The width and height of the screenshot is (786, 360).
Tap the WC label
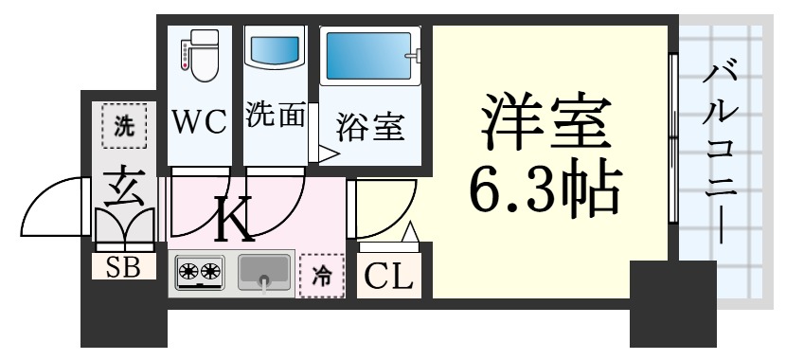point(199,120)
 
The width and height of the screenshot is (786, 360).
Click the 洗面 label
point(275,116)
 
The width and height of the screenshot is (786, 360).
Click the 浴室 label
point(370,125)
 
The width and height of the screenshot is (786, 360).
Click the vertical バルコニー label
point(722,152)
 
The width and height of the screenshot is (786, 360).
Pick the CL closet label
point(389,278)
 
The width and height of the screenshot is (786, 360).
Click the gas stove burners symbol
point(200,273)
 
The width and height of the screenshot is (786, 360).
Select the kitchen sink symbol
point(263,273)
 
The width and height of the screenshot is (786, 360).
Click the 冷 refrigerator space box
point(322,275)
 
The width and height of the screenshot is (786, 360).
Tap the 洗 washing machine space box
point(124,128)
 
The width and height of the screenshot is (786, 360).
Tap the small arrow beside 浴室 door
point(328,153)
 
